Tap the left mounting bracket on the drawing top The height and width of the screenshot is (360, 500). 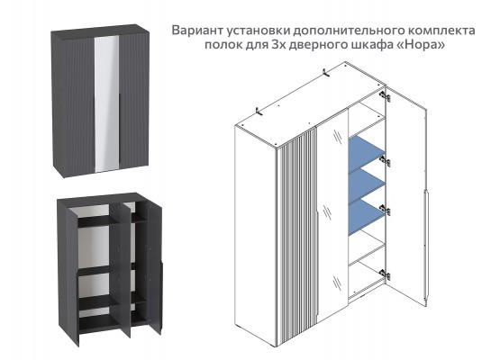258,111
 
